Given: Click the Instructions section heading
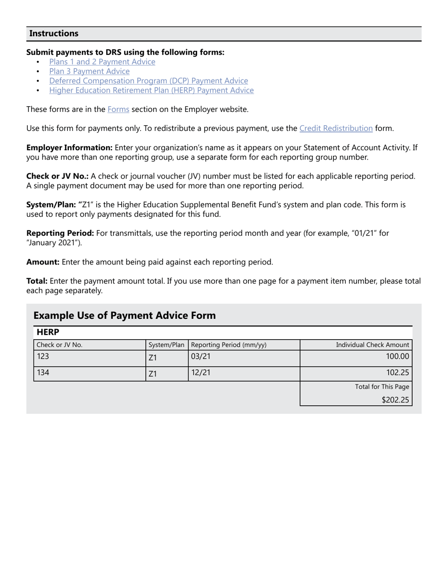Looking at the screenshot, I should [54, 34].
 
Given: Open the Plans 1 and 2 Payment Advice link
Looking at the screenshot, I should [102, 62].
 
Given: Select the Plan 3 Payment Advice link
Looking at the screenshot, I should [89, 71].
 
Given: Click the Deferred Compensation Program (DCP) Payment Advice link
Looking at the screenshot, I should [149, 81].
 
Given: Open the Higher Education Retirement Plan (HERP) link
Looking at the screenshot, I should [151, 90].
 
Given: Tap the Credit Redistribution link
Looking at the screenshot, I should [336, 128].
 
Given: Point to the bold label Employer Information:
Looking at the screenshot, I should [69, 147].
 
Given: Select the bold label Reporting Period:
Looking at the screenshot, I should [60, 233].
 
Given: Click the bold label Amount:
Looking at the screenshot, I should [43, 262].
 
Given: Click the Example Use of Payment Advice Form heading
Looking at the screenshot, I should [124, 316].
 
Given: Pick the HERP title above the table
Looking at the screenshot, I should [48, 333].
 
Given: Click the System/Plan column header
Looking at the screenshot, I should [166, 345].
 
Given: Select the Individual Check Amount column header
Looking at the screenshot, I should [372, 345].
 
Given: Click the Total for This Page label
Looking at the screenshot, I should [382, 387].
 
